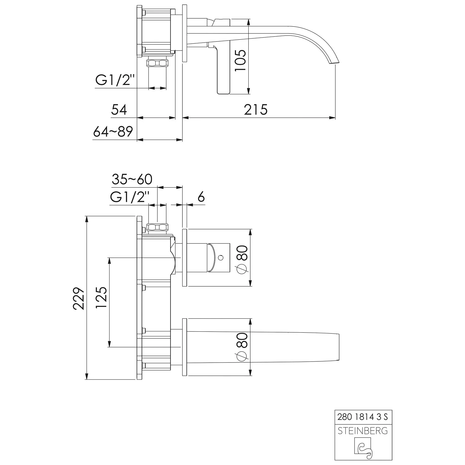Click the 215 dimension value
coord(255,110)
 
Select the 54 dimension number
coord(119,110)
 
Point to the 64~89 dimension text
coord(113,132)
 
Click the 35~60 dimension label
coord(132,179)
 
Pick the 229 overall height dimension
coord(79,298)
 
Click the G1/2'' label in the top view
coord(115,80)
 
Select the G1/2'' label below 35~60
coord(130,197)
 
